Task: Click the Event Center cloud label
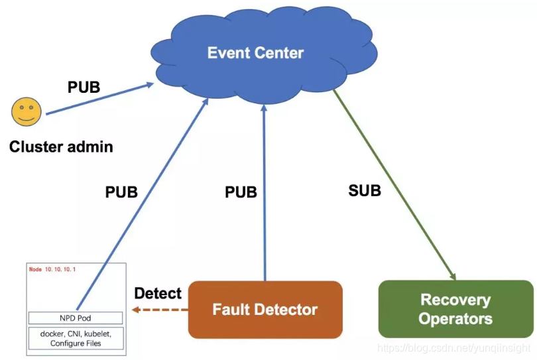coord(255,53)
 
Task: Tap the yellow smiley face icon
coord(27,111)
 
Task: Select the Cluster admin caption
coord(61,147)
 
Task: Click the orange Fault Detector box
coord(265,310)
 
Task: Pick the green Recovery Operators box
coord(456,309)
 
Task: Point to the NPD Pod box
coord(76,318)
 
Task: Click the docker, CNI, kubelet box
coord(76,338)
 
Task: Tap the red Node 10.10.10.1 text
coord(52,269)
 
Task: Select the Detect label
coord(158,293)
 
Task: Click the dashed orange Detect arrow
coord(160,310)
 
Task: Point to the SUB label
coord(365,190)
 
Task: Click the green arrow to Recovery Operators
coord(394,185)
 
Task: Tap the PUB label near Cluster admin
coord(84,87)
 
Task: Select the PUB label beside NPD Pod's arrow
coord(121,192)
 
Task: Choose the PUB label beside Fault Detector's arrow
coord(241,192)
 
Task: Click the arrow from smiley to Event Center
coord(100,98)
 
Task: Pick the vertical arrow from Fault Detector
coord(264,193)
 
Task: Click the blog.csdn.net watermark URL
coord(453,348)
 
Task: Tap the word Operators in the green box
coord(455,318)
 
